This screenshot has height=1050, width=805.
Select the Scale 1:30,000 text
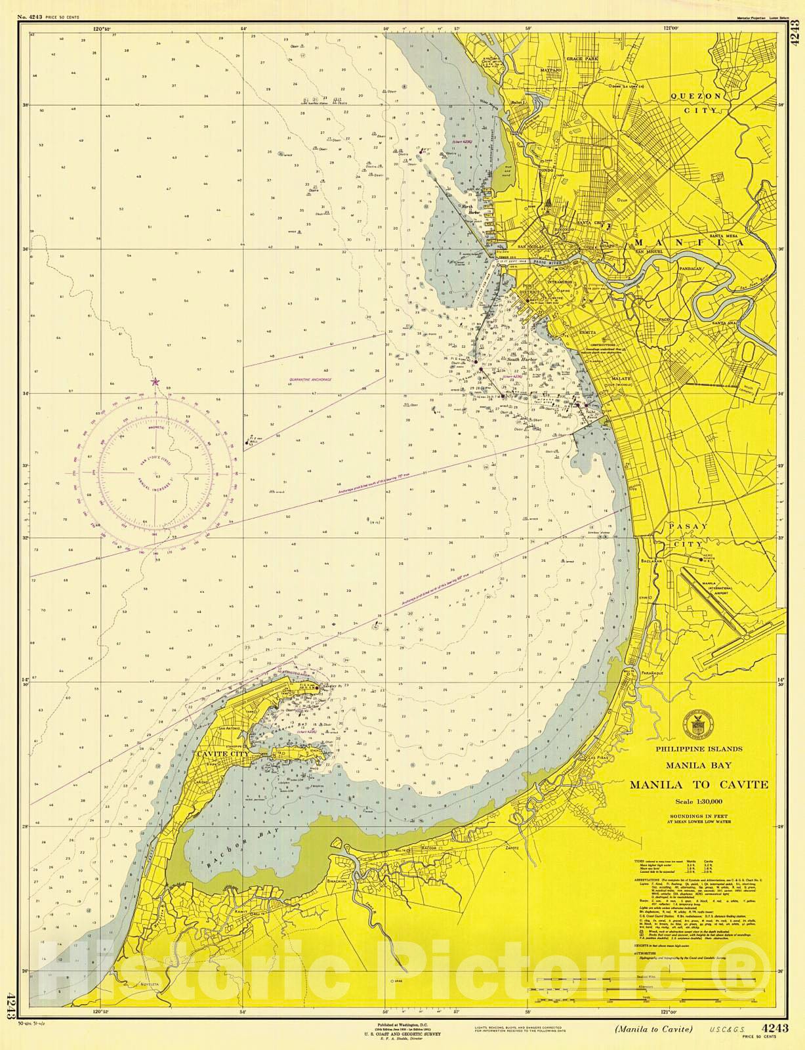pos(699,801)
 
